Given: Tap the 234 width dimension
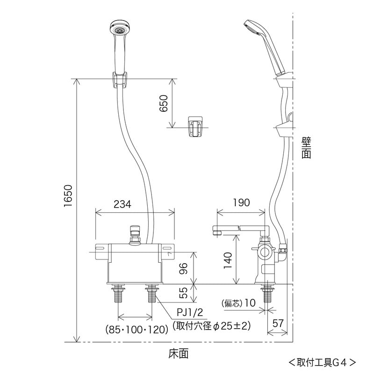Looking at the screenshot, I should pos(122,204).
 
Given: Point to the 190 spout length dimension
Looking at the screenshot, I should pos(241,202).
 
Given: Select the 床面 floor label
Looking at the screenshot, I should pos(178,354).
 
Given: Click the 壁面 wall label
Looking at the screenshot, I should pos(306,148).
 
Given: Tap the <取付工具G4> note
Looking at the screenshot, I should pos(322,362).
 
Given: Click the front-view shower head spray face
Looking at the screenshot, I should pos(118,29).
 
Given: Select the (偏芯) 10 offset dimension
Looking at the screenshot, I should pos(238,303).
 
